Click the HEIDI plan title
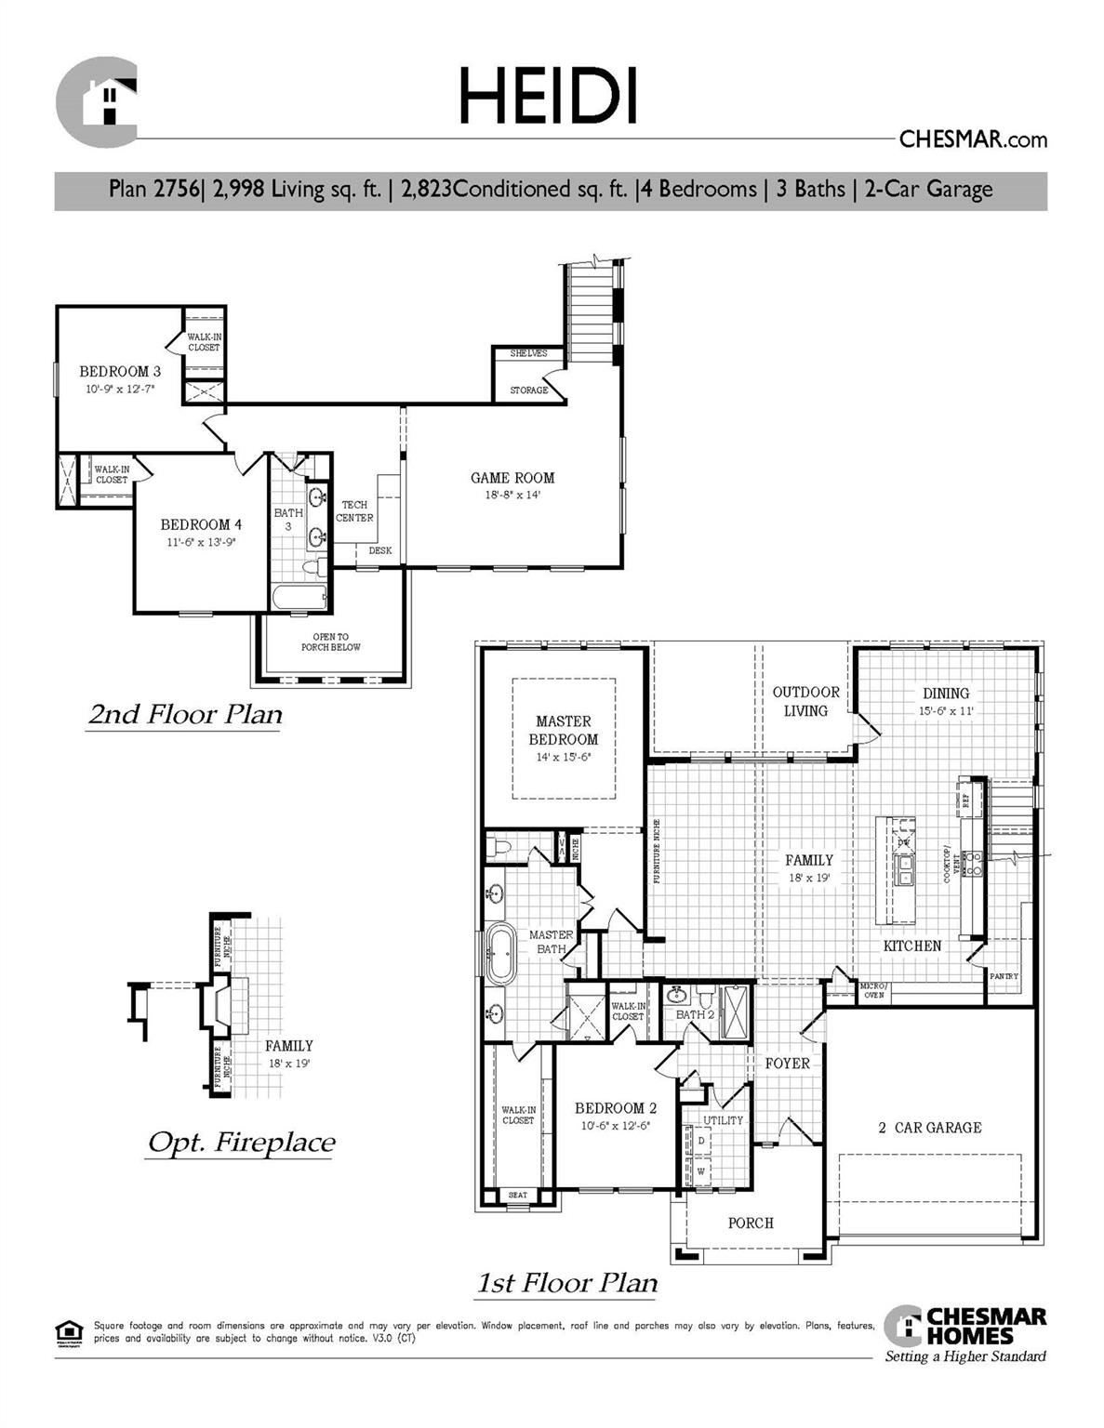549,96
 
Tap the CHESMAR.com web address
972,139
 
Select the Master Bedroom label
564,730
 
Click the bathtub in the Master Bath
500,954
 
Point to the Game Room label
512,478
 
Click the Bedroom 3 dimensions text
120,390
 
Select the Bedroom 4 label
201,524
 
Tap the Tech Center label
354,511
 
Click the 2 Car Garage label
930,1128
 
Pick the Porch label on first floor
751,1223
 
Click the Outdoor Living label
805,701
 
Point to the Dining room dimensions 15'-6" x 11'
945,711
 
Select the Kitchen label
911,945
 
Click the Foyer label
787,1063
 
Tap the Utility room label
723,1120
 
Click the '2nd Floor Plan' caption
185,714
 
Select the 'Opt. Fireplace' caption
242,1142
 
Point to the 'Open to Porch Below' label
330,641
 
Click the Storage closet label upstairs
528,390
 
